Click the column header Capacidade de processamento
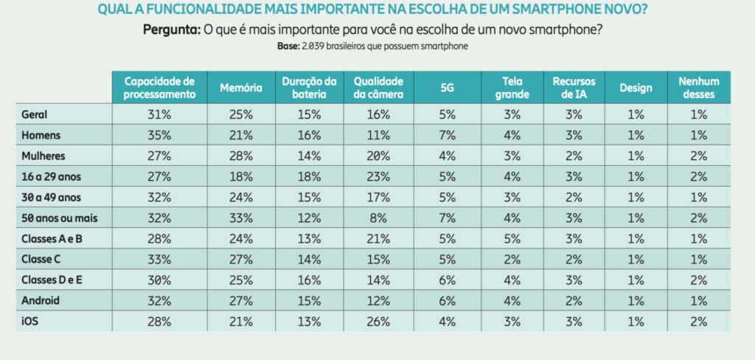click(159, 88)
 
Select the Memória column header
click(240, 88)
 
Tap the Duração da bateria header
click(309, 88)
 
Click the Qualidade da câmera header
click(377, 88)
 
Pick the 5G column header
click(447, 88)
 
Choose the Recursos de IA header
click(574, 88)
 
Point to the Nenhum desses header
click(698, 88)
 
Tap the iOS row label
click(31, 322)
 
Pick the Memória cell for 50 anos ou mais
click(240, 218)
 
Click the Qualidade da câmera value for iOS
click(377, 322)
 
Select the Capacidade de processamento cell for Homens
click(159, 136)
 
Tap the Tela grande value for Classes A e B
click(512, 239)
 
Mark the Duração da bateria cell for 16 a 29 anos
click(309, 177)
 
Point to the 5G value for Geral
click(447, 115)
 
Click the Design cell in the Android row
click(636, 301)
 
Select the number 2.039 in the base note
click(311, 46)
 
